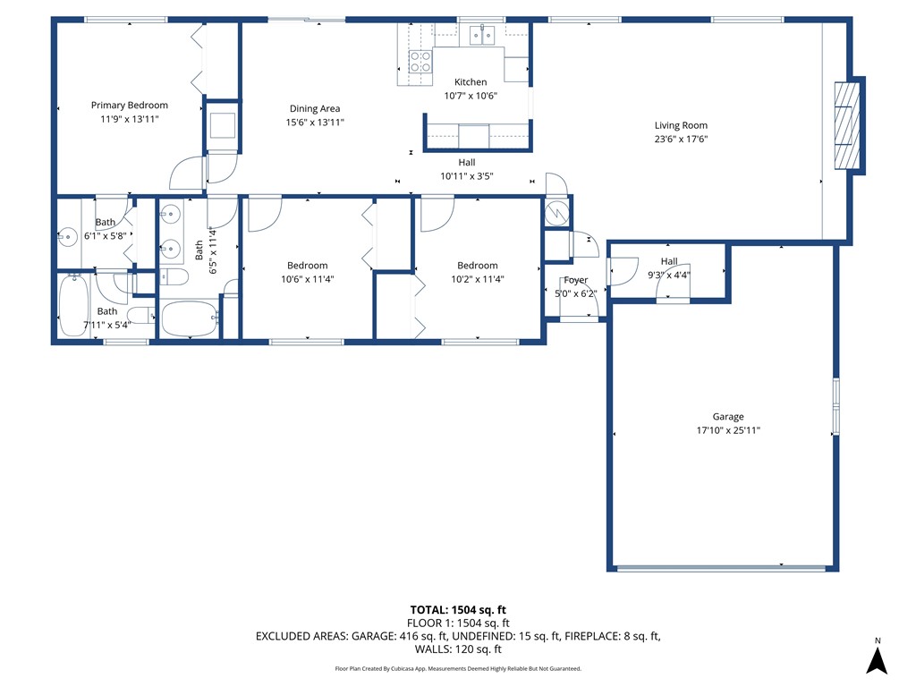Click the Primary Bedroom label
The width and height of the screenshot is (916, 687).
tap(129, 106)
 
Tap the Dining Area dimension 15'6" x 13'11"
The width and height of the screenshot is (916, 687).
tap(315, 123)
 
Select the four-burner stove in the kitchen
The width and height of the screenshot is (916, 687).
tap(420, 62)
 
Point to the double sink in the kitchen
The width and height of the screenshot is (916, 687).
tap(481, 36)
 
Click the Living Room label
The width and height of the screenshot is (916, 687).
tap(681, 126)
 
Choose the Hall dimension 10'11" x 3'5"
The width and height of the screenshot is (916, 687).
tap(466, 176)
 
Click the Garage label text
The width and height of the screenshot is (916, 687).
tap(727, 417)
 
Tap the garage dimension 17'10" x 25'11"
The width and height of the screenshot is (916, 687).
tap(727, 430)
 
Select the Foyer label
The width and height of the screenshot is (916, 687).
tap(575, 281)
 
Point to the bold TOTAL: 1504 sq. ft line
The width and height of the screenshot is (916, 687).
tap(458, 610)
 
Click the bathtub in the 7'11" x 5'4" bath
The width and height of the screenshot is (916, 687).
tap(73, 306)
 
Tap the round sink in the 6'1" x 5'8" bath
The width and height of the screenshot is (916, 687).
tap(67, 238)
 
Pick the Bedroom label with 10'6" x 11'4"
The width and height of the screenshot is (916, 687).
tap(307, 266)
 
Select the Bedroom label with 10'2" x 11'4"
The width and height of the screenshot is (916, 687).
tap(477, 266)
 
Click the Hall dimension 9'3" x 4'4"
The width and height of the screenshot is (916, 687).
tap(668, 275)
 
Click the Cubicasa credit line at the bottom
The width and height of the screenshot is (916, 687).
tap(458, 668)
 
